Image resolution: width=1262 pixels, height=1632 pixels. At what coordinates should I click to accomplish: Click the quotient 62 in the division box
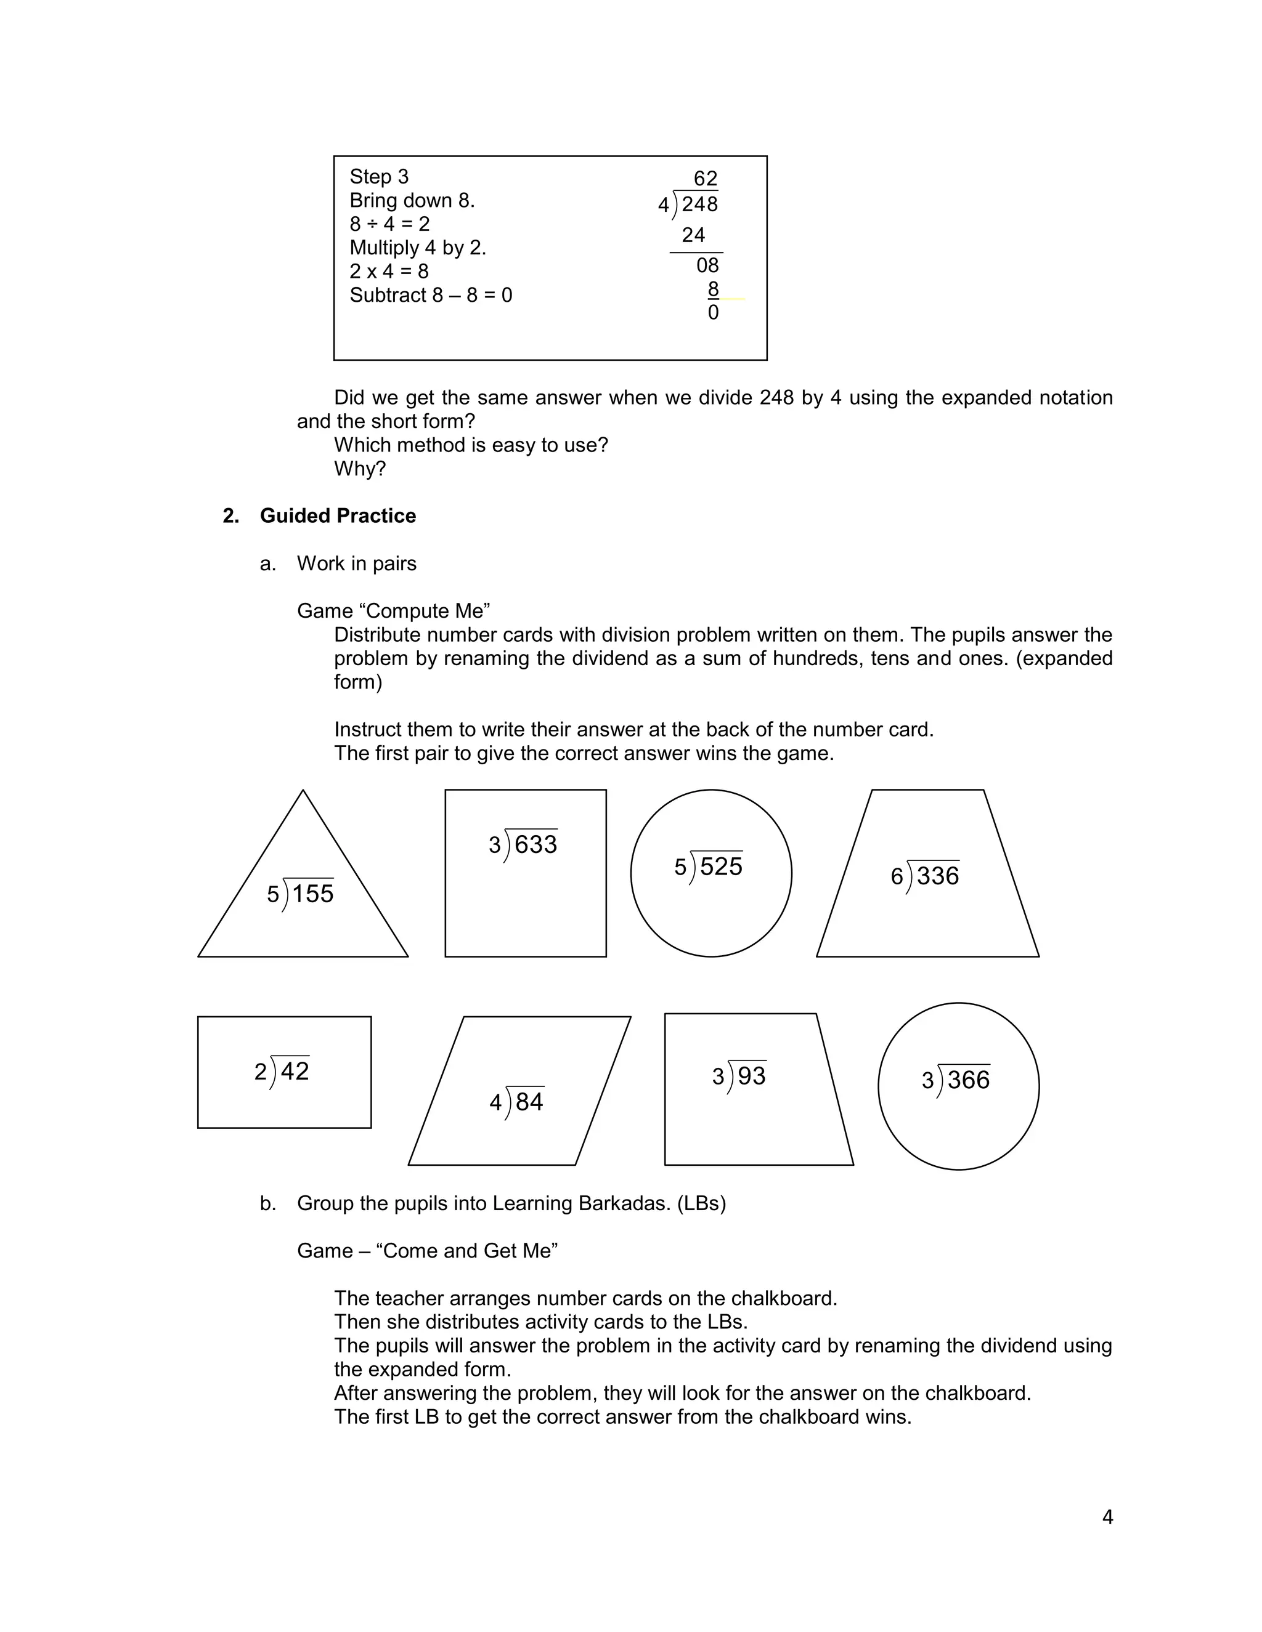click(705, 179)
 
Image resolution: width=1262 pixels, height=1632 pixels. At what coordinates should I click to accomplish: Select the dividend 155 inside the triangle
click(312, 894)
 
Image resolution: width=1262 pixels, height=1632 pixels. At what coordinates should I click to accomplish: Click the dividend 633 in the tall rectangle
click(535, 844)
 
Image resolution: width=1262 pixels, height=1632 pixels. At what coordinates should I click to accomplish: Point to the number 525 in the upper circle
click(721, 867)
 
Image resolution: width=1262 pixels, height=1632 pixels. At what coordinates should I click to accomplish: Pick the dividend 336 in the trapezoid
click(937, 876)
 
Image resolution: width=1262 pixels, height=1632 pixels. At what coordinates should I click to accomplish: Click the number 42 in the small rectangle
click(295, 1071)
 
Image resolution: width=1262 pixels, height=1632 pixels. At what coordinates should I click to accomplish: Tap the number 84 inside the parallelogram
click(529, 1102)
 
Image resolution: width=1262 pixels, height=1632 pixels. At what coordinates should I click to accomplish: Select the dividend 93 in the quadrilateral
click(751, 1075)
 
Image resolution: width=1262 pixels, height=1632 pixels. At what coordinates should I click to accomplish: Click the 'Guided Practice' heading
click(338, 515)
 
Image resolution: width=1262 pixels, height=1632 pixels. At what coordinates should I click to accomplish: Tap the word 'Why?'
click(360, 469)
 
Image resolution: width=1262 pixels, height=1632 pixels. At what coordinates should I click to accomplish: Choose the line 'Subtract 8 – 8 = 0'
click(431, 295)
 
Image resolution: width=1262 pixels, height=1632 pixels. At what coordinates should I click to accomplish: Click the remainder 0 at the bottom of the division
click(712, 312)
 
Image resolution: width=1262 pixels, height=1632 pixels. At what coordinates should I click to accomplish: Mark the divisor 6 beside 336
click(897, 876)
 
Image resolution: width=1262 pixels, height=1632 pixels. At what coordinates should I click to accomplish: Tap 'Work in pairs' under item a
click(357, 564)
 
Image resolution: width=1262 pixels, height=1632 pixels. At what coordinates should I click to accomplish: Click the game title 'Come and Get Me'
click(470, 1251)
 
